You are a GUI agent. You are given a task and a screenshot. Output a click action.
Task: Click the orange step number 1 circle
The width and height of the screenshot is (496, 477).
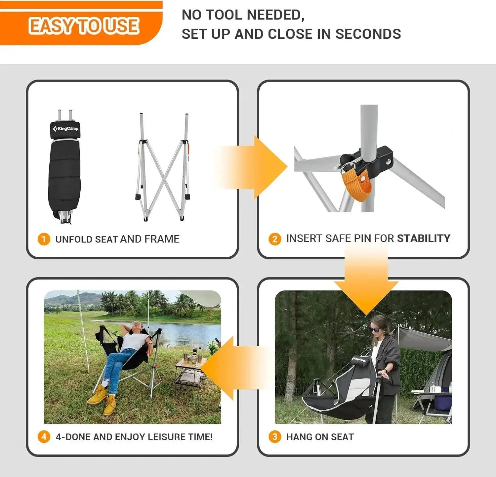[x=44, y=239]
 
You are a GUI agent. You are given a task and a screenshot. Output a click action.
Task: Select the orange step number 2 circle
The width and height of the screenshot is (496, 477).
[x=274, y=238]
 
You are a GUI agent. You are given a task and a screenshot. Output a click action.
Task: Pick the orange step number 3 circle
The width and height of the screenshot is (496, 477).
[x=274, y=437]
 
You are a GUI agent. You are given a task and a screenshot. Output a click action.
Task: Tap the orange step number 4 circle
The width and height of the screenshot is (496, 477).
[x=44, y=437]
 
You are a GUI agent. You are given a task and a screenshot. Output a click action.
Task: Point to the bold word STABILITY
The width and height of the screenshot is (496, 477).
[x=424, y=238]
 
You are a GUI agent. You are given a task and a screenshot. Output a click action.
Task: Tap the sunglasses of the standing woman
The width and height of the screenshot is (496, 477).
[x=375, y=329]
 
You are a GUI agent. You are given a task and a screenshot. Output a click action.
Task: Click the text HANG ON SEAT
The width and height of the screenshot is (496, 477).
[x=320, y=437]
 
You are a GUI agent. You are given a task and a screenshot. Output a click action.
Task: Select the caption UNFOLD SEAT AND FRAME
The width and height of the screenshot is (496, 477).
[x=117, y=239]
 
